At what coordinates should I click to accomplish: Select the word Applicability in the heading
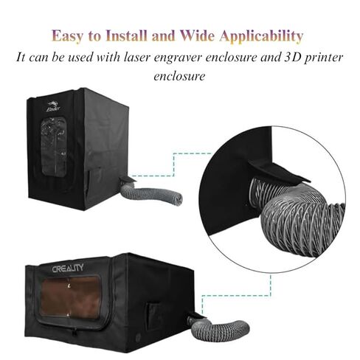pyautogui.click(x=261, y=36)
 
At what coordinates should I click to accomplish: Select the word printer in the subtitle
pyautogui.click(x=322, y=58)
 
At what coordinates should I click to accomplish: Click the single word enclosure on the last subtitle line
pyautogui.click(x=179, y=76)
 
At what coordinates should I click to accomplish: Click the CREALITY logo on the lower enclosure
pyautogui.click(x=68, y=268)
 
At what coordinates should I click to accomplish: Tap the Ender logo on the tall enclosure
pyautogui.click(x=53, y=106)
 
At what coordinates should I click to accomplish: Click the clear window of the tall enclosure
pyautogui.click(x=54, y=146)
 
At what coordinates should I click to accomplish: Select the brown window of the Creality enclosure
pyautogui.click(x=71, y=298)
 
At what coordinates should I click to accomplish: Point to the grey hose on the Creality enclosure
pyautogui.click(x=219, y=328)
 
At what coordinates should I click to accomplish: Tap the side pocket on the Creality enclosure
pyautogui.click(x=153, y=316)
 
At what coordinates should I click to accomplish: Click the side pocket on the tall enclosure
pyautogui.click(x=94, y=181)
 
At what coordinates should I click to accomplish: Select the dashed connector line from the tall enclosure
pyautogui.click(x=173, y=165)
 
